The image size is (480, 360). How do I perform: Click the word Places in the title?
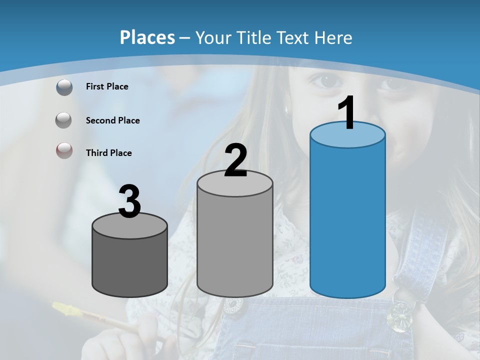[147, 37]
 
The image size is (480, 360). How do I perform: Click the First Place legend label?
[107, 86]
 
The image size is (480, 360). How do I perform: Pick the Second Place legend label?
[112, 120]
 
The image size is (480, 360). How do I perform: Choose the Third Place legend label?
[108, 153]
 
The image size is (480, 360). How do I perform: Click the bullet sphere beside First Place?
[64, 87]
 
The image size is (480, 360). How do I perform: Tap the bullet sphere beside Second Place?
[64, 120]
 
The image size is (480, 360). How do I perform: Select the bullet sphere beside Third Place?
[64, 150]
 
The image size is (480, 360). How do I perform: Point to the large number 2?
[235, 161]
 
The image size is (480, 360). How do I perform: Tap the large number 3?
[130, 202]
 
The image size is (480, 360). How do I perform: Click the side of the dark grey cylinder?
[130, 265]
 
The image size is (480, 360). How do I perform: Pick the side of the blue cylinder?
[347, 220]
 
